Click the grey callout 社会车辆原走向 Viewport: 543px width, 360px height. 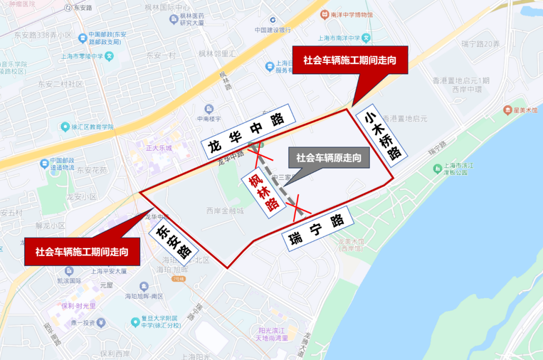point(328,158)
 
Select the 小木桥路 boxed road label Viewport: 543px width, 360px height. point(382,135)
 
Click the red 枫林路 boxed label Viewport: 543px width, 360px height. point(264,193)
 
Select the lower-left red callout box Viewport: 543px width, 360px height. point(81,251)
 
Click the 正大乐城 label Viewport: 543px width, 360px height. point(159,148)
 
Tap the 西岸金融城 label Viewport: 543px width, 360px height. point(225,211)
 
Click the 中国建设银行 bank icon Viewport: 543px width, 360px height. point(273,20)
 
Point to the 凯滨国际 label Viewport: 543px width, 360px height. point(69,281)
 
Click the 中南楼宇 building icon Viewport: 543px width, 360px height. point(209,109)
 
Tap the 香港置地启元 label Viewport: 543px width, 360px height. point(405,119)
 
